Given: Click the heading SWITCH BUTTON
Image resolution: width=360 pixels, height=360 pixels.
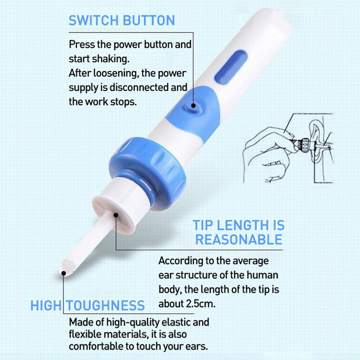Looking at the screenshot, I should click(122, 20).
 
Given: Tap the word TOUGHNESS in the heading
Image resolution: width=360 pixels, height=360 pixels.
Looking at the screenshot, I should click(104, 306).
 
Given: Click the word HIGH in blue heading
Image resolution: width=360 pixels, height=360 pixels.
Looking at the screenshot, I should click(46, 306).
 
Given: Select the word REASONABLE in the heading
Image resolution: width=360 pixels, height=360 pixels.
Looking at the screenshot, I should click(239, 239).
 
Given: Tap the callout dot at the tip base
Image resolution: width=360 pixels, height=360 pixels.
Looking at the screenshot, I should click(116, 215).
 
